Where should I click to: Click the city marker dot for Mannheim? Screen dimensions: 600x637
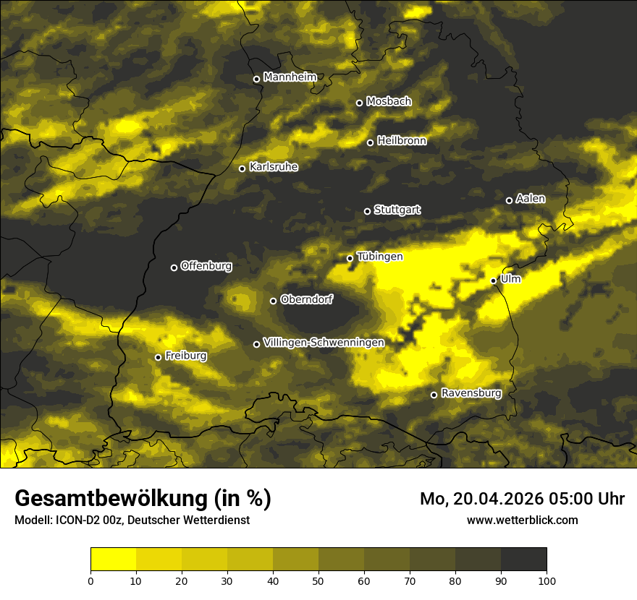(256, 80)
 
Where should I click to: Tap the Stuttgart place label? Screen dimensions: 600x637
(397, 210)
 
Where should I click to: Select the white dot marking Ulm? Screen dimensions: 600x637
(494, 280)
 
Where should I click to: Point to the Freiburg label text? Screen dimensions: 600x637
(185, 356)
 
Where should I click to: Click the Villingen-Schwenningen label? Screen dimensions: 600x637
(324, 342)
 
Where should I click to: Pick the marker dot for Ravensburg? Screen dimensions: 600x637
(434, 395)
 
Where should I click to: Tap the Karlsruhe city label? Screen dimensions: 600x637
(273, 167)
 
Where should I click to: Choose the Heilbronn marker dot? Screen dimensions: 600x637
(370, 142)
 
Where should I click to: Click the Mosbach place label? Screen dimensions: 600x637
(388, 102)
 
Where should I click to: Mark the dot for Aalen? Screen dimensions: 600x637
(509, 200)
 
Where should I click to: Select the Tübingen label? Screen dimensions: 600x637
(379, 257)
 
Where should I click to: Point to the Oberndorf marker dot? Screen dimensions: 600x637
(273, 301)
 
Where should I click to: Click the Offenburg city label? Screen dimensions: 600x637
(206, 266)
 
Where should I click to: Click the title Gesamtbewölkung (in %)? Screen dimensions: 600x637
(143, 499)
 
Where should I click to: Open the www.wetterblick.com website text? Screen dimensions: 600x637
(522, 520)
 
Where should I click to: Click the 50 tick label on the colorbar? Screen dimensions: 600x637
(318, 580)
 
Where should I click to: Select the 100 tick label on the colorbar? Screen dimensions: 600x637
(547, 580)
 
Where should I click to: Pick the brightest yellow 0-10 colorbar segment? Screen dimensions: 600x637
(113, 560)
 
